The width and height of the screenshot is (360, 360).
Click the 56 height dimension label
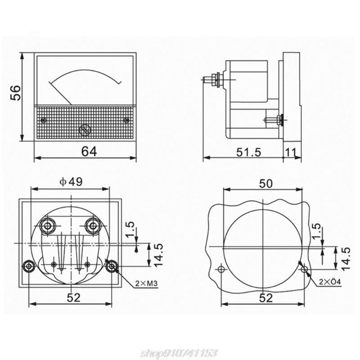(x=16, y=93)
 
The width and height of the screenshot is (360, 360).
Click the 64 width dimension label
(x=89, y=151)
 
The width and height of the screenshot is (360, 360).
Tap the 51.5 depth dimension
(x=249, y=152)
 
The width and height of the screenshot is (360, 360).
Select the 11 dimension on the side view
(x=290, y=152)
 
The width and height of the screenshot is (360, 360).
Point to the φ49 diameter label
(x=71, y=182)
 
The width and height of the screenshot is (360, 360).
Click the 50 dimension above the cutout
(x=266, y=184)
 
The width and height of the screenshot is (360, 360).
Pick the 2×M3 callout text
(x=146, y=284)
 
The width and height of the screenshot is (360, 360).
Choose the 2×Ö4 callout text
(x=330, y=282)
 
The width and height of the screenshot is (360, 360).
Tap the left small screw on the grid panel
(x=43, y=120)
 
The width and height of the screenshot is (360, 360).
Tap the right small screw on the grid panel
(x=126, y=120)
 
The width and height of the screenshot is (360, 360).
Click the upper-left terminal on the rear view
(x=48, y=226)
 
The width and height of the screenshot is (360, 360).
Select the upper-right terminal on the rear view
(x=93, y=226)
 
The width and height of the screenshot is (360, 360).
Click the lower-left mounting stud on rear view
(x=29, y=266)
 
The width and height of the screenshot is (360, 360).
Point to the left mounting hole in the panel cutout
(x=221, y=269)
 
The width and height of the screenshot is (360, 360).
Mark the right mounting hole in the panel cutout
(x=305, y=269)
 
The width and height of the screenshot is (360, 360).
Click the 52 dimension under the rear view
(x=74, y=297)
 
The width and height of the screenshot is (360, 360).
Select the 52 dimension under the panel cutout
(x=266, y=298)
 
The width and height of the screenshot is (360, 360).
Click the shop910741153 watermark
(x=179, y=353)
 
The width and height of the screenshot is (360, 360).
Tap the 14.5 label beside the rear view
(x=158, y=255)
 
